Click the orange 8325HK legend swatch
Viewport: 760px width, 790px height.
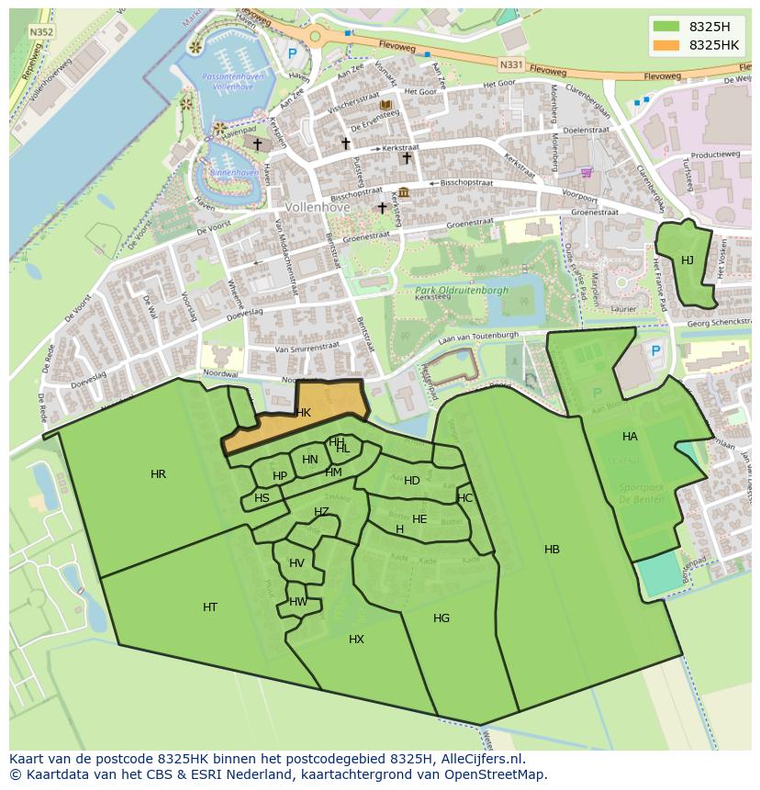coord(667,45)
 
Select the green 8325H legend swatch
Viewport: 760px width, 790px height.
coord(667,26)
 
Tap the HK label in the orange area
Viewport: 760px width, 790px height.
coord(304,413)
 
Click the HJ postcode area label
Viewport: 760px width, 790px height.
coord(687,261)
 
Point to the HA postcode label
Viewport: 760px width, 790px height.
coord(630,437)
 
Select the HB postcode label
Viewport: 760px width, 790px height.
coord(552,550)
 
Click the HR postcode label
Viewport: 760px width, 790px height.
coord(158,474)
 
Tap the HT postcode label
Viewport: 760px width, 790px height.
coord(210,607)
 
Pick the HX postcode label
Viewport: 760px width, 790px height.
coord(356,640)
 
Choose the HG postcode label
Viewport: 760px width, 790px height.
coord(441,618)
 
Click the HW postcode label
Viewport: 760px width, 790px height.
coord(298,602)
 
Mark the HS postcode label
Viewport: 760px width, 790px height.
coord(263,498)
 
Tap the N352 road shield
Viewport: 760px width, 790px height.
coord(40,31)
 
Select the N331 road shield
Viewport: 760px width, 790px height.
coord(511,64)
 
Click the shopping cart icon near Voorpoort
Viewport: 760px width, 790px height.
coord(586,172)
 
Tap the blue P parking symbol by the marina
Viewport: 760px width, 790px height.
coord(292,54)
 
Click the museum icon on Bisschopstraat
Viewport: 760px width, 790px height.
coord(404,193)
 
